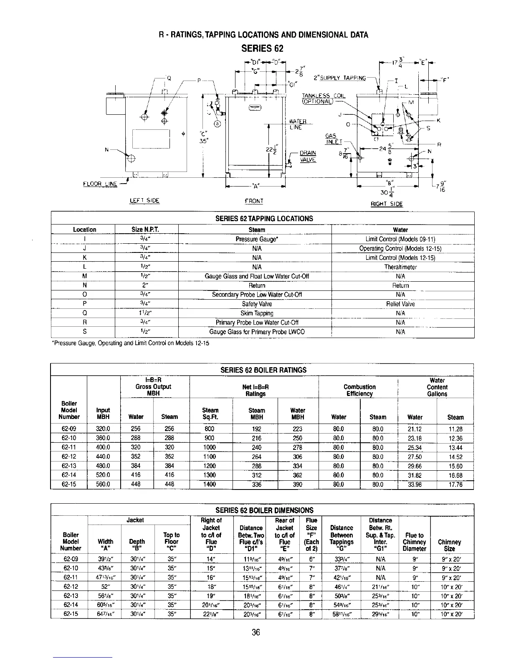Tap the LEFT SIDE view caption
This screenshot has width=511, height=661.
tap(145, 201)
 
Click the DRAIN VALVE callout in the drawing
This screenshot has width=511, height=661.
tap(308, 156)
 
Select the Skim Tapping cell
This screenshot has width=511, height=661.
tap(257, 313)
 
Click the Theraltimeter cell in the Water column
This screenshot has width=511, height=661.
tap(400, 267)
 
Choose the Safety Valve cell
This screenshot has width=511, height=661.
tap(257, 304)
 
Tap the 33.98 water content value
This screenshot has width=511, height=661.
tap(415, 484)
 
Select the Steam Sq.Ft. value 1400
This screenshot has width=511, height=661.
tap(209, 484)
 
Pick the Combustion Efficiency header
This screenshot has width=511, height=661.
tap(359, 390)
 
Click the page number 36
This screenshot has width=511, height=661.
tap(256, 633)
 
